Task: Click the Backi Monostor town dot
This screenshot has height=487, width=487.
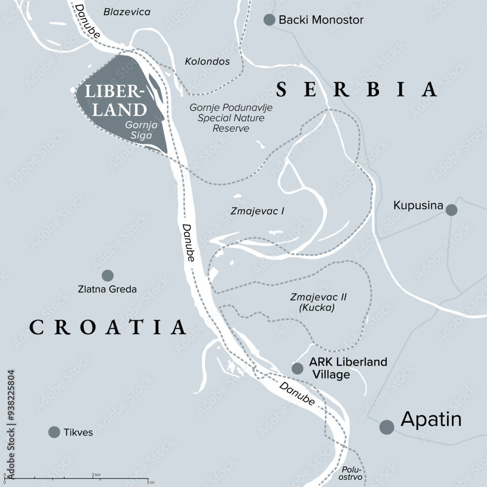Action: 269,19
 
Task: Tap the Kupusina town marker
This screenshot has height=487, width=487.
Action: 451,210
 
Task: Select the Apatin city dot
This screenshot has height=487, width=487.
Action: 387,427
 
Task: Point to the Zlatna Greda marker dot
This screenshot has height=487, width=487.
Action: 108,275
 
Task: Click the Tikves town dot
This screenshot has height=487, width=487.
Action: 54,432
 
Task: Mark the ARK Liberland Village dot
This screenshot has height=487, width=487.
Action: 297,368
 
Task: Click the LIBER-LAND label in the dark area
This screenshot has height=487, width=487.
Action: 115,101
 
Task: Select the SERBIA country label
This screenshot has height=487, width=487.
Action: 356,90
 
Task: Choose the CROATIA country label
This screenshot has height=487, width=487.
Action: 108,327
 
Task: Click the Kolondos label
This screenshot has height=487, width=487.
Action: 207,62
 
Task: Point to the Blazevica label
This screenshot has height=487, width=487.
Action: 127,12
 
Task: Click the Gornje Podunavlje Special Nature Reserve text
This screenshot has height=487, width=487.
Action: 231,118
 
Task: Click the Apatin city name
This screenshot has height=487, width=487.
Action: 431,419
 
